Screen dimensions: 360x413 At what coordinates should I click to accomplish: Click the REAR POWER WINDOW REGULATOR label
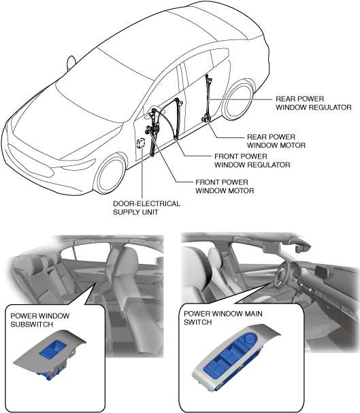(x=314, y=103)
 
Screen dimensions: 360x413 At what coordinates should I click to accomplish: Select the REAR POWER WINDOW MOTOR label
(x=276, y=141)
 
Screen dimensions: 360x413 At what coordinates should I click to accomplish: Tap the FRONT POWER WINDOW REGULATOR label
(x=252, y=161)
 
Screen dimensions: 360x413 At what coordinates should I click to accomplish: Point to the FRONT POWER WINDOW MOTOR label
(x=225, y=186)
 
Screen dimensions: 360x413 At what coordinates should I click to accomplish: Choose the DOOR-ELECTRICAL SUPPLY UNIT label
(x=147, y=208)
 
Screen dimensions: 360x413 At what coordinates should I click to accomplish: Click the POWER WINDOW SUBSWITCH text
(x=39, y=320)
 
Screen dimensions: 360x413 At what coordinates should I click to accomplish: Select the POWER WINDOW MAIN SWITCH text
(x=223, y=318)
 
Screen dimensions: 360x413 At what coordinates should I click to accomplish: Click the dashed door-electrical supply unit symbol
(x=141, y=142)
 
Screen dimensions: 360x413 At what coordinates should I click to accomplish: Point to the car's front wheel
(x=111, y=174)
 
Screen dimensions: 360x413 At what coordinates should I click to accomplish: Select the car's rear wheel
(x=239, y=100)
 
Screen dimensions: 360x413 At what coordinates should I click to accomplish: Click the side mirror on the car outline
(x=71, y=63)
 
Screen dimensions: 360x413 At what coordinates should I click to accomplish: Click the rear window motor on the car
(x=206, y=119)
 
